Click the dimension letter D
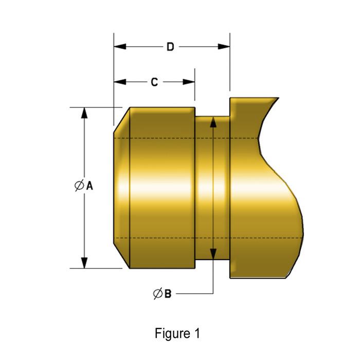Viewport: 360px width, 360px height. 170,47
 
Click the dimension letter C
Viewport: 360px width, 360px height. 154,82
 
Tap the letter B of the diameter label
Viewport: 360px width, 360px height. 167,294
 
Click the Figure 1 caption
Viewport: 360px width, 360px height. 177,333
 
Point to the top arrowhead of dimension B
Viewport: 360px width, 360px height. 212,121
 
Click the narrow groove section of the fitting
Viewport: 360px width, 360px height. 212,188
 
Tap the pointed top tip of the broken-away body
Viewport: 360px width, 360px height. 278,98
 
